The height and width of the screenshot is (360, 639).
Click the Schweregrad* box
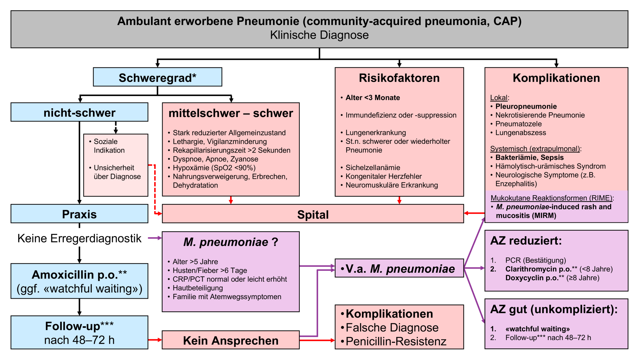pyautogui.click(x=158, y=77)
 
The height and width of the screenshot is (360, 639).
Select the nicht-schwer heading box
pyautogui.click(x=79, y=112)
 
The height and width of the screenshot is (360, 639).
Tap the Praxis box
pyautogui.click(x=79, y=214)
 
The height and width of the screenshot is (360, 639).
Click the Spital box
pyautogui.click(x=313, y=214)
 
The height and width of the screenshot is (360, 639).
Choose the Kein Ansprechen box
pyautogui.click(x=231, y=340)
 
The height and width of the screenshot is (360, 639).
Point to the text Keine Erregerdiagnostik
pyautogui.click(x=79, y=238)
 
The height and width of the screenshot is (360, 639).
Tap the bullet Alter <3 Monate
pyautogui.click(x=373, y=98)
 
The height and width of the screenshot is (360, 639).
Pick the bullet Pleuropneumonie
pyautogui.click(x=526, y=106)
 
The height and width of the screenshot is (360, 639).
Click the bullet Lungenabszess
pyautogui.click(x=520, y=133)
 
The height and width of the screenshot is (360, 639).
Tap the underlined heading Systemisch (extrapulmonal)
pyautogui.click(x=535, y=148)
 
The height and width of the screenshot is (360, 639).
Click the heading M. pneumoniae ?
pyautogui.click(x=231, y=242)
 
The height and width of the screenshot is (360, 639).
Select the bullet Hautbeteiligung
pyautogui.click(x=198, y=288)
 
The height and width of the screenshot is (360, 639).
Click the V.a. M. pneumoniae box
pyautogui.click(x=399, y=268)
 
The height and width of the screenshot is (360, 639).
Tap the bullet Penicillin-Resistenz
pyautogui.click(x=396, y=341)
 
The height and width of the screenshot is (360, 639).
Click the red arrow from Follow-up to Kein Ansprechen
pyautogui.click(x=155, y=339)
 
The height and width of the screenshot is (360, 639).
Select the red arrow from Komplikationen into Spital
pyautogui.click(x=474, y=213)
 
